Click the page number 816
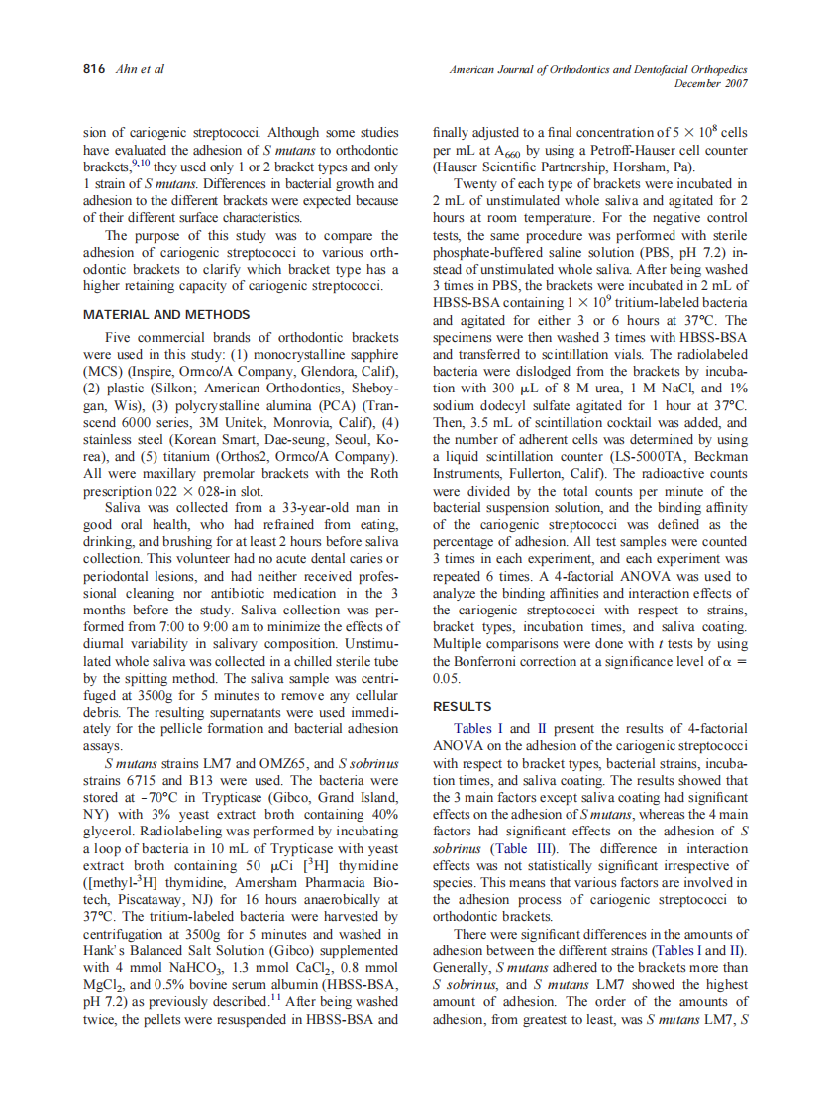94,69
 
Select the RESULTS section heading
462,706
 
